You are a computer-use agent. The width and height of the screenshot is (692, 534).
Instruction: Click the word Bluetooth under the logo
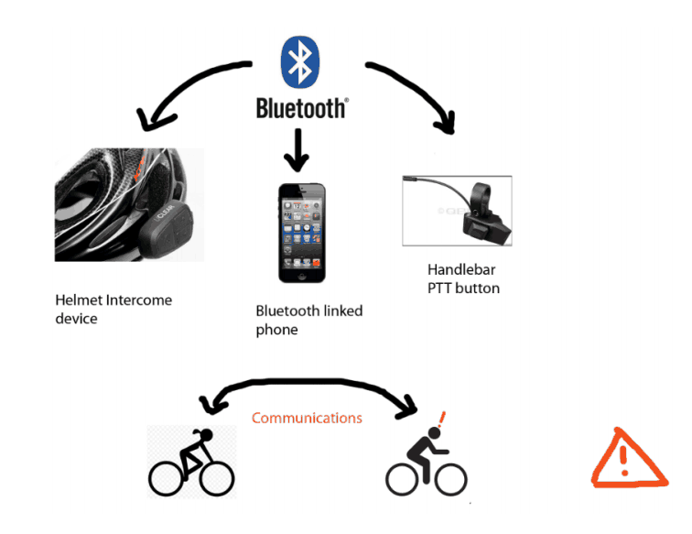[x=301, y=109]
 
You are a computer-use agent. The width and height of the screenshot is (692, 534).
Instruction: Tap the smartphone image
[x=302, y=234]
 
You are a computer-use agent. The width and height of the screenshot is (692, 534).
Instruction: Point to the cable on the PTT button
[x=430, y=187]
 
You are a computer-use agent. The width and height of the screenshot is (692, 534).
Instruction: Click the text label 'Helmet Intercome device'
[x=113, y=309]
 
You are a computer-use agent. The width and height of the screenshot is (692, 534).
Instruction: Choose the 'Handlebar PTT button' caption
[x=463, y=279]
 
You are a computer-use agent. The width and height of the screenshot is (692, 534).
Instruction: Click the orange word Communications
[x=307, y=419]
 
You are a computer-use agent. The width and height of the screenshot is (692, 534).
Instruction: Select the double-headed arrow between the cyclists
[x=307, y=389]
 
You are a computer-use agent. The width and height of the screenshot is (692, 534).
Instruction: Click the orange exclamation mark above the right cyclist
[x=442, y=420]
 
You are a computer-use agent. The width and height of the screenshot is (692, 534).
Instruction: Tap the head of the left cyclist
[x=205, y=436]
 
